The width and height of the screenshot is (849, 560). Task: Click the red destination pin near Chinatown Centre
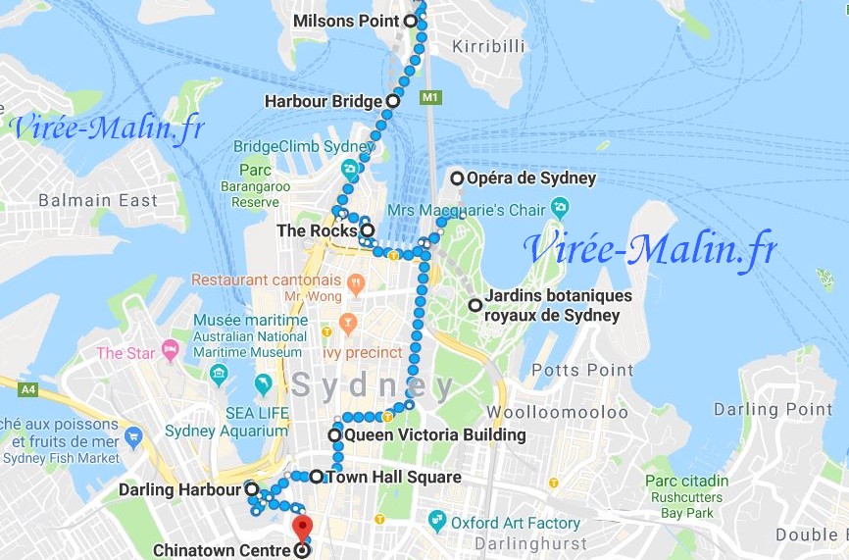coord(302,526)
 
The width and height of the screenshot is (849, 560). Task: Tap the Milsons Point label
coord(346,21)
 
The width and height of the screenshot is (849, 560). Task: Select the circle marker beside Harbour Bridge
coord(392,100)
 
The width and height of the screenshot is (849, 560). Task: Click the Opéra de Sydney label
coord(531,178)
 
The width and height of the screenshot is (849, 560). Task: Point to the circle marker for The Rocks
coord(367,231)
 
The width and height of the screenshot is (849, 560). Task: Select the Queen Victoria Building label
coord(434,434)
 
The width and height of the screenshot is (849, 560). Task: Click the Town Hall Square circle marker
coord(316,478)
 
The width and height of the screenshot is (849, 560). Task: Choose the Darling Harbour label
coord(179,489)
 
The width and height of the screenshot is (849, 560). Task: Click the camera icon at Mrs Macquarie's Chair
coord(560,208)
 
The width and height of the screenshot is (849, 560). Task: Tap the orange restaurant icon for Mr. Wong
coord(355,284)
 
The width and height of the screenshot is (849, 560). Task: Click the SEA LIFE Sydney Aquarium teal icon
coord(263,383)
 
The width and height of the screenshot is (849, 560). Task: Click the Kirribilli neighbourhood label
coord(488,46)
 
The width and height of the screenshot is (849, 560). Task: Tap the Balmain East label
coord(97,200)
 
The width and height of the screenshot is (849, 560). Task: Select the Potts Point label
coord(582,370)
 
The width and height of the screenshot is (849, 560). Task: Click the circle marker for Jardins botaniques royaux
coord(475,305)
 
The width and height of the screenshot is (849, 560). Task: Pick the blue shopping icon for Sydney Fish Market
coord(134,434)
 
